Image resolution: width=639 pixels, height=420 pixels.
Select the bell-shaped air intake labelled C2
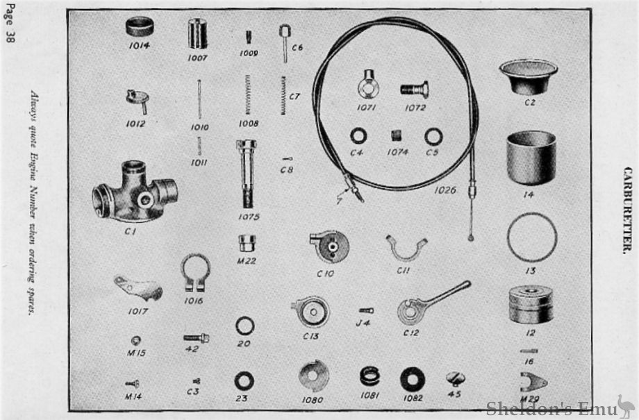(x=528, y=75)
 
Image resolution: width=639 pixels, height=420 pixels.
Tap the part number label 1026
(x=445, y=189)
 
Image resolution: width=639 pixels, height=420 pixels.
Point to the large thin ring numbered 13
(x=531, y=237)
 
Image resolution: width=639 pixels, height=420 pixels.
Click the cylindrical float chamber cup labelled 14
(x=531, y=158)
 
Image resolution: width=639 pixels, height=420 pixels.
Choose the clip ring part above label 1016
(x=194, y=273)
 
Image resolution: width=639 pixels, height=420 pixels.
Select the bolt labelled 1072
(x=414, y=89)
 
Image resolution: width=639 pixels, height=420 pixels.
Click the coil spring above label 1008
(x=248, y=94)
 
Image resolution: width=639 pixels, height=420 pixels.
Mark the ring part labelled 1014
(x=140, y=27)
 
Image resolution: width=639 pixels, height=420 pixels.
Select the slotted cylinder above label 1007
(x=197, y=33)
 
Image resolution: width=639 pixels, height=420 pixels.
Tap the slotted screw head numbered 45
(x=456, y=378)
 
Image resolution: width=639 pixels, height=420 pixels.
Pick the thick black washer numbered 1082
(x=412, y=379)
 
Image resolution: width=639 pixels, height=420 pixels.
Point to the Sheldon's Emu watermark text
(x=549, y=407)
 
